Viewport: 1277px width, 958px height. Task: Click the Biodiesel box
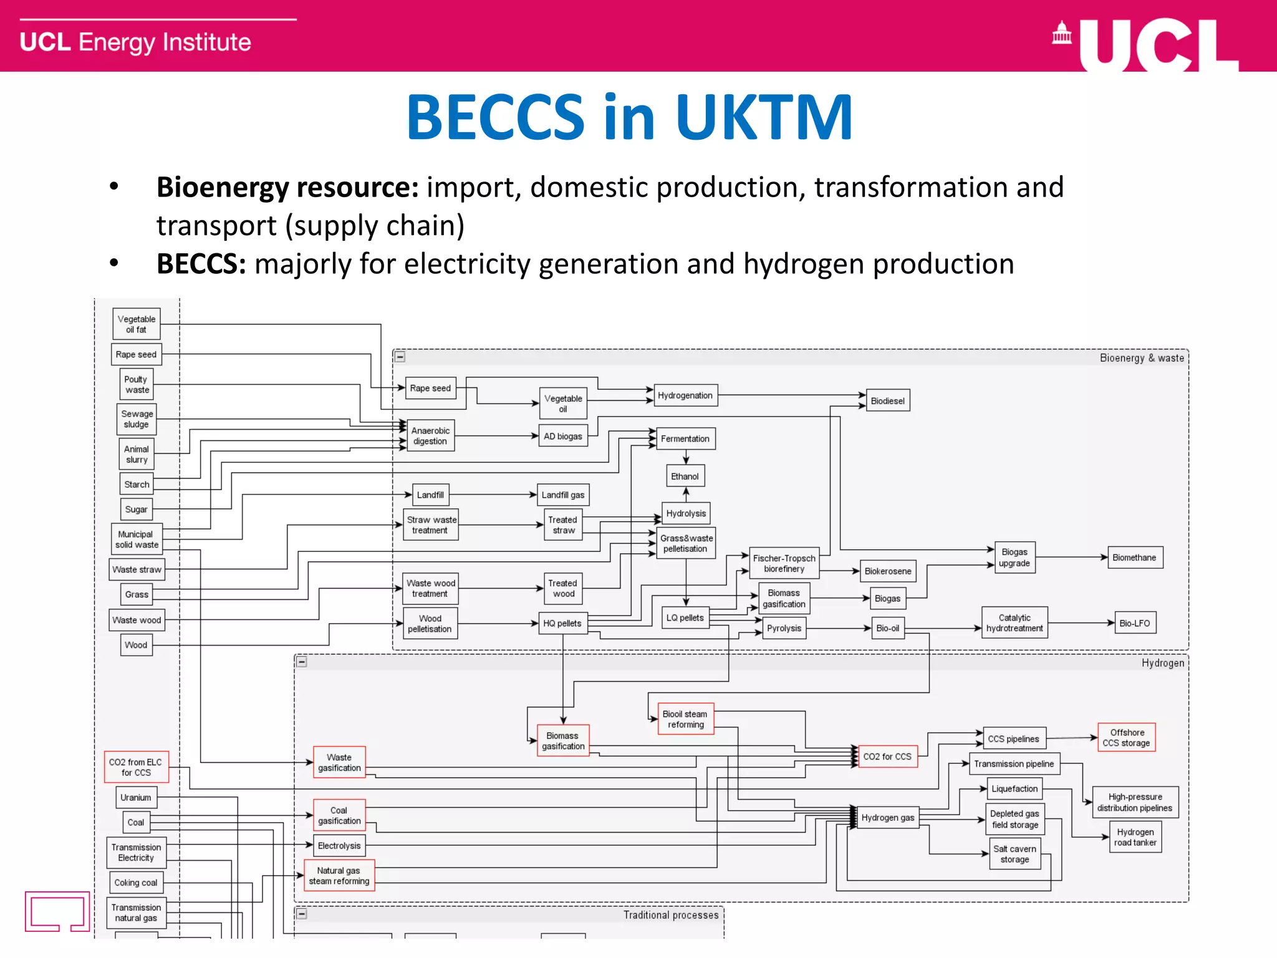[x=887, y=401]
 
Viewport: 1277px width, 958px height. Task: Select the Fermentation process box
[x=685, y=438]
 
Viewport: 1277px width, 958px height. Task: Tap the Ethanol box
[x=685, y=477]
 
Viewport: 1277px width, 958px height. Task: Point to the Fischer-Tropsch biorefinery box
[x=784, y=563]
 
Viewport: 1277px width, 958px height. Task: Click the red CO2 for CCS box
[x=887, y=757]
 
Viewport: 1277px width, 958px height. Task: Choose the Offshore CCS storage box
[x=1126, y=737]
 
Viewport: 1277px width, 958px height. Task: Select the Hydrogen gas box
[x=887, y=818]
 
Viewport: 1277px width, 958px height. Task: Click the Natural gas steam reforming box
[x=339, y=876]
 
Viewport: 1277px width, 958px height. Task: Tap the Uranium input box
[x=136, y=798]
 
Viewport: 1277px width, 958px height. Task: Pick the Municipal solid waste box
[x=137, y=539]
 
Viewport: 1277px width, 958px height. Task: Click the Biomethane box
[x=1134, y=558]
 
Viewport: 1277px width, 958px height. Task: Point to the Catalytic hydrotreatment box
[x=1014, y=623]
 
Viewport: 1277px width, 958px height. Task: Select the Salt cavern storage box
[x=1014, y=854]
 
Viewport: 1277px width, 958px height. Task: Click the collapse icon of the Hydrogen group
[x=302, y=662]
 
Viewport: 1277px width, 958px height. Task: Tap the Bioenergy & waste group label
[x=1141, y=358]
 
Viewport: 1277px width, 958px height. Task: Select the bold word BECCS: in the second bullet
[x=201, y=264]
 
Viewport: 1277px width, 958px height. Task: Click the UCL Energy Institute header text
[x=135, y=42]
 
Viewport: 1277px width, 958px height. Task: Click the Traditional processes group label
[x=671, y=915]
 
